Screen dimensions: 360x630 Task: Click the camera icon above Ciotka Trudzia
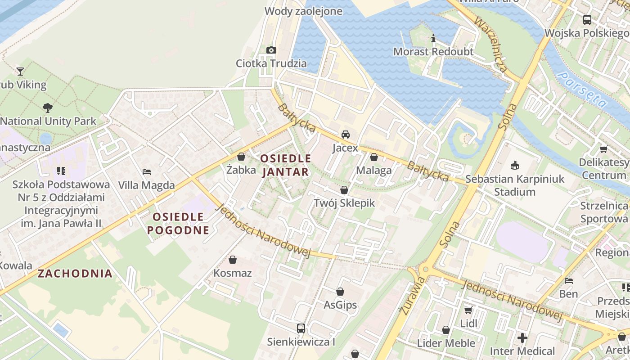(271, 50)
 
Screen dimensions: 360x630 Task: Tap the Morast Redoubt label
(433, 52)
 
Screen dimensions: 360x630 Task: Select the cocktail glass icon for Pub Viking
(20, 71)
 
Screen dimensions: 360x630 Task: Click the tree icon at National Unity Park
(47, 108)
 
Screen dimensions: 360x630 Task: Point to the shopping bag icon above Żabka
(241, 157)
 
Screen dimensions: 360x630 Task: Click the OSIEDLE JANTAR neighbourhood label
(286, 165)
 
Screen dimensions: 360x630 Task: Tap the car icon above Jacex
(345, 135)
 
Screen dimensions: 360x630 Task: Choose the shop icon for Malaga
(373, 157)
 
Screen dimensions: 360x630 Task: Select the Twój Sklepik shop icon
(344, 190)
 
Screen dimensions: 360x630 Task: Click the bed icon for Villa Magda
(147, 172)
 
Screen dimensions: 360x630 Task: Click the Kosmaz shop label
(233, 273)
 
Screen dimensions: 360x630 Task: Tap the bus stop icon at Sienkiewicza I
(301, 328)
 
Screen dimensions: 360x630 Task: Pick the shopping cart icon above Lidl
(468, 310)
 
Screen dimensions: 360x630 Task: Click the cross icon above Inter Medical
(522, 337)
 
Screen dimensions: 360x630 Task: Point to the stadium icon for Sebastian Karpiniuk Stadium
(515, 166)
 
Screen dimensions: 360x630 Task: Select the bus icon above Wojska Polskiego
(587, 20)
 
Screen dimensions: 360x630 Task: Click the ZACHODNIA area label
(75, 274)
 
